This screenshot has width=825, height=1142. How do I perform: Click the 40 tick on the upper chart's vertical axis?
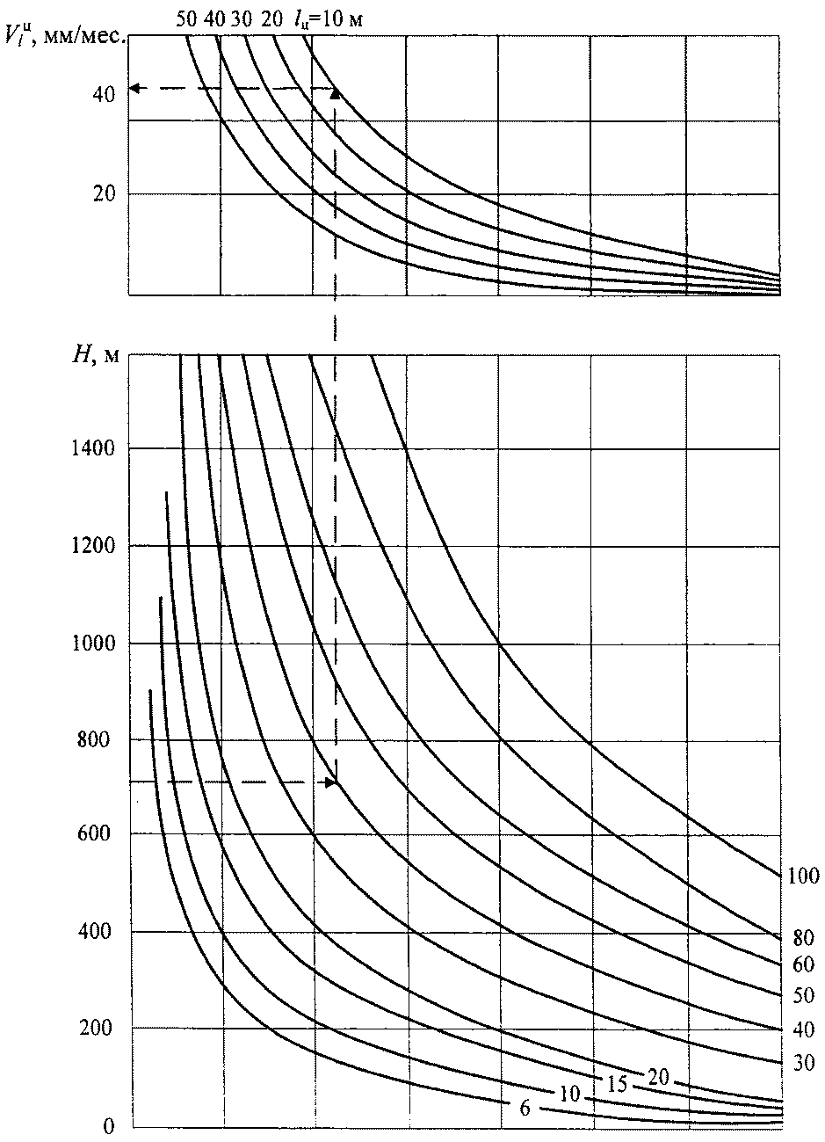tap(105, 95)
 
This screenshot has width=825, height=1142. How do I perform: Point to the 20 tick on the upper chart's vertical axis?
tap(105, 193)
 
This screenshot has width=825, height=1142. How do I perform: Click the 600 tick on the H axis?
tap(94, 833)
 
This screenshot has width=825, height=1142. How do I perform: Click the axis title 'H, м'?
tap(97, 355)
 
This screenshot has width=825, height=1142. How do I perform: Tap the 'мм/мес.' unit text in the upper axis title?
tap(84, 37)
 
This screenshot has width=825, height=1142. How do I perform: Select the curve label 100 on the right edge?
tap(804, 876)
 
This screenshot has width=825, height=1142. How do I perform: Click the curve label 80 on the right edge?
tap(804, 937)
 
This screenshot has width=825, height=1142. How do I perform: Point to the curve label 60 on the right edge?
tap(804, 964)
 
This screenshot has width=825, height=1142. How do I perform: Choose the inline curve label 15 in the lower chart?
tap(617, 1084)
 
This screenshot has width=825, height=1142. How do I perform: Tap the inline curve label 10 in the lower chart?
tap(569, 1094)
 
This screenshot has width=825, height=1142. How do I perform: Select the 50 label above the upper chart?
tap(186, 19)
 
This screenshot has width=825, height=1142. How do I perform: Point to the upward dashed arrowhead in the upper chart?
tap(336, 94)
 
